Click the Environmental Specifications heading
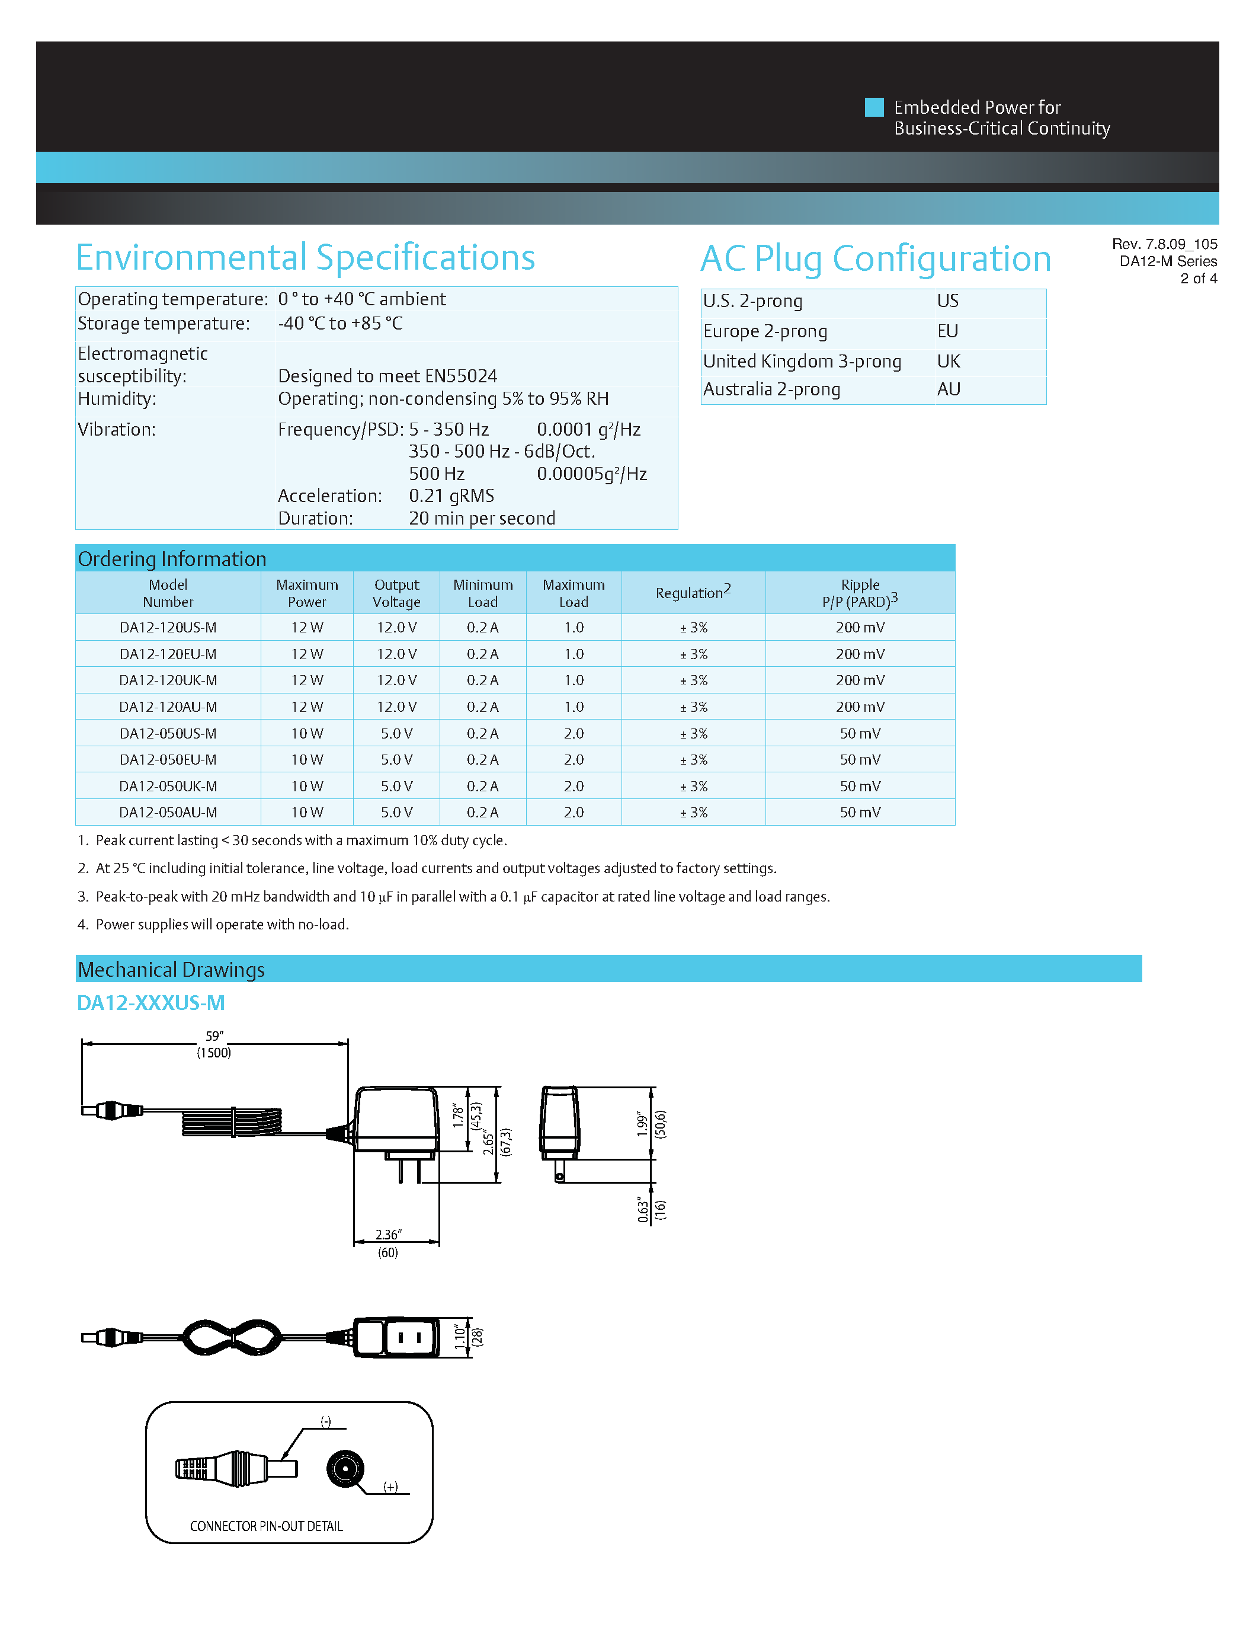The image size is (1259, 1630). [x=305, y=258]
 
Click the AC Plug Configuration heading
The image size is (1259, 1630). [x=875, y=260]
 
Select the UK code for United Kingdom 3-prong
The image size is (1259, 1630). [x=948, y=361]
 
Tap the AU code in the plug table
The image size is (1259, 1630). [x=948, y=389]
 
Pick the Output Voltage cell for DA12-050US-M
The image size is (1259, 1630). [x=396, y=734]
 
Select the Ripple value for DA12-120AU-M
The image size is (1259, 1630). [x=859, y=707]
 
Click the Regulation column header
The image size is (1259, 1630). [x=692, y=593]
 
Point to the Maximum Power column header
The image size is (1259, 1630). [x=306, y=593]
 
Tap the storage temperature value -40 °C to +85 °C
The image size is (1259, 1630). [x=340, y=323]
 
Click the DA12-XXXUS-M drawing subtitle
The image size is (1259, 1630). [x=150, y=1002]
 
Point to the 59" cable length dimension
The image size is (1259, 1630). [x=214, y=1036]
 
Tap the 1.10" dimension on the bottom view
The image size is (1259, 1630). [x=459, y=1337]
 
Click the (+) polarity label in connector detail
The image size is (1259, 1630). [x=390, y=1487]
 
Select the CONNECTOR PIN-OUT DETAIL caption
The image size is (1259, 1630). [x=266, y=1526]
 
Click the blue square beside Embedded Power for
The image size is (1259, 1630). [x=873, y=107]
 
